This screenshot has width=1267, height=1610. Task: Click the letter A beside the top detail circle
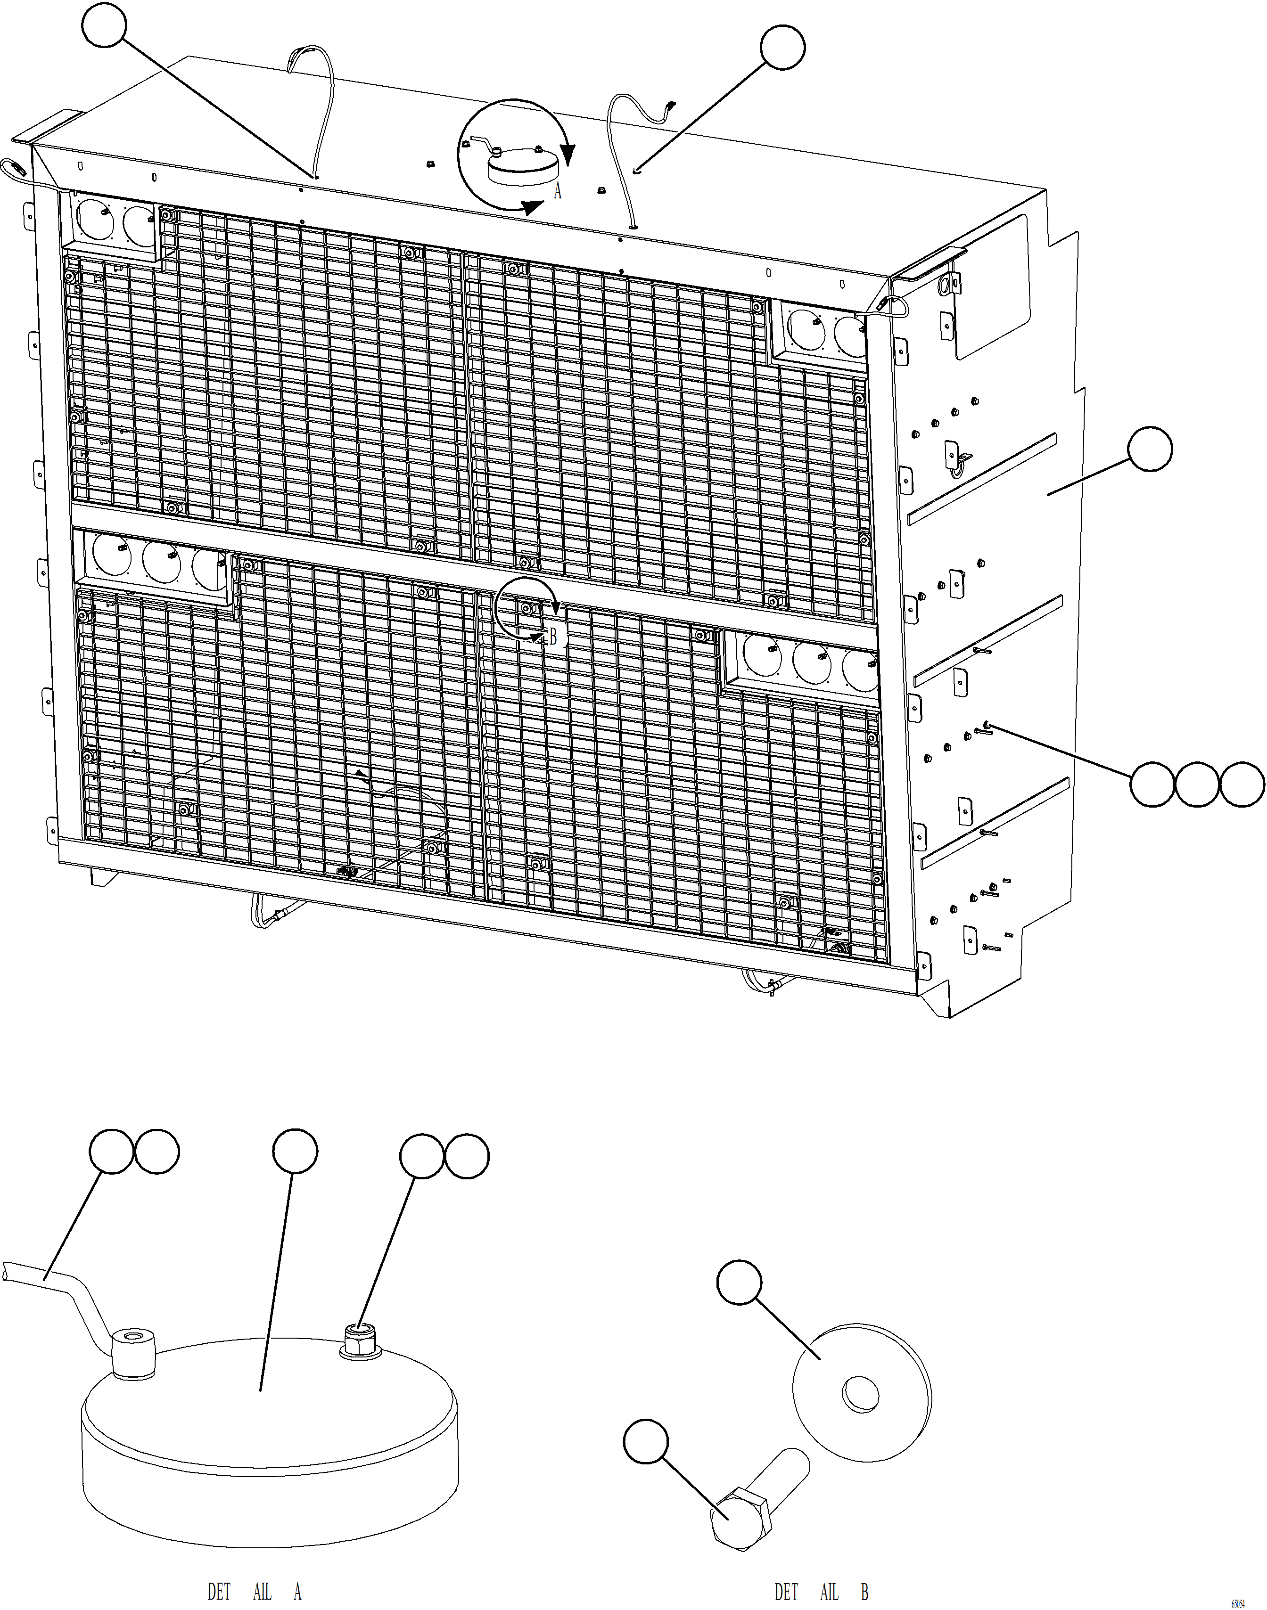(x=558, y=192)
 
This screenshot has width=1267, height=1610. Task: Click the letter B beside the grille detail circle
(x=552, y=636)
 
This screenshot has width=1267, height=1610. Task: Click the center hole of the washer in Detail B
(x=861, y=1395)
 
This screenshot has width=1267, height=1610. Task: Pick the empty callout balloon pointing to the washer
(x=740, y=1281)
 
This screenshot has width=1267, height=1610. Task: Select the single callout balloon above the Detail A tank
(x=295, y=1151)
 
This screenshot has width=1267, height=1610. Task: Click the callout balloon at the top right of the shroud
(x=782, y=48)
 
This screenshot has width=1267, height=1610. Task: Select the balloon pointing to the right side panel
(x=1150, y=449)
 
